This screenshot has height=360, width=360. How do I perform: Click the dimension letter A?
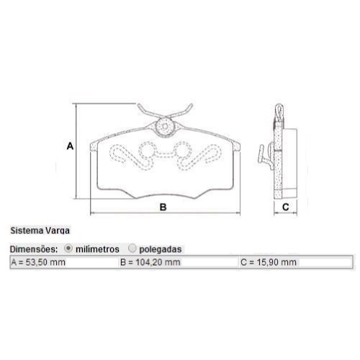70,146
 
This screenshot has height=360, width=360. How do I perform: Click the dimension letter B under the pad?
163,207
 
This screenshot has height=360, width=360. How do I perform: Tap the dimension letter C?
286,207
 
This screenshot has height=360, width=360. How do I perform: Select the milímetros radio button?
68,248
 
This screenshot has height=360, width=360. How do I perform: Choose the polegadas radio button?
132,248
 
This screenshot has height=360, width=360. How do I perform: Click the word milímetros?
97,249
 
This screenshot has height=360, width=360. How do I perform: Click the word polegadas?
161,249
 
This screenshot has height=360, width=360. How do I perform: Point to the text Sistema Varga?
40,230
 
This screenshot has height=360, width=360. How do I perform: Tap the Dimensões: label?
34,249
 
